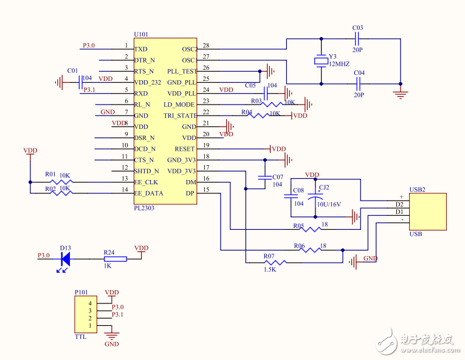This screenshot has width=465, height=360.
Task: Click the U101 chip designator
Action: coord(141,35)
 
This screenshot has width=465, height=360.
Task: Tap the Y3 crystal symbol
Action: coord(321,61)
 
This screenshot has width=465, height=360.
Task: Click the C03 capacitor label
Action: coord(357,28)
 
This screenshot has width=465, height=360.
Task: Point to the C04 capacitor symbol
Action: coord(358,83)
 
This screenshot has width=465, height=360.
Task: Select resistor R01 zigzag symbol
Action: coord(63,181)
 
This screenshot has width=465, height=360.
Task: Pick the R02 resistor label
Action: coord(50,189)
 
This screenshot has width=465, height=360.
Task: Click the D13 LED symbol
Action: coord(65,259)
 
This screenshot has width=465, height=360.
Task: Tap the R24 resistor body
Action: coord(115,259)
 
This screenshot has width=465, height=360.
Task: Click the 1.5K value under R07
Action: coord(270,268)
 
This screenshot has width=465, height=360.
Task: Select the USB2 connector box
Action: coord(428,211)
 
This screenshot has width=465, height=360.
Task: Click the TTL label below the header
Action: coord(80,336)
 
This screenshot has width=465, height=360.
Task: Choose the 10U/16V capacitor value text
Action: coord(329,204)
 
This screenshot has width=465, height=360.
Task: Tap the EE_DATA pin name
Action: coord(148,193)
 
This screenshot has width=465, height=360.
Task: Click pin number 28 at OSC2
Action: coord(205,46)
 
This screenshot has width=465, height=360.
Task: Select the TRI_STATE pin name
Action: coord(180,116)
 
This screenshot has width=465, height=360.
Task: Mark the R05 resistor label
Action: coord(298,226)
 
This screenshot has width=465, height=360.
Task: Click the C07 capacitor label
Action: coord(277,178)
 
